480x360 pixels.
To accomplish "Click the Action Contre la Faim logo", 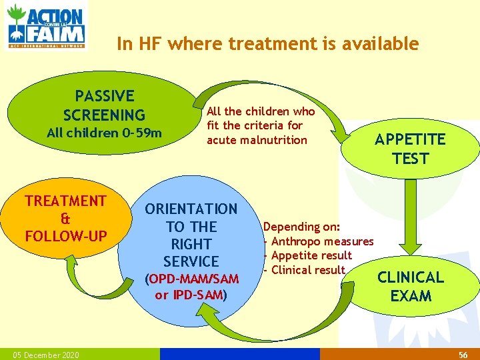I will pyautogui.click(x=46, y=25).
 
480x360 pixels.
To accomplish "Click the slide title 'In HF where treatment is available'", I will pyautogui.click(x=267, y=44).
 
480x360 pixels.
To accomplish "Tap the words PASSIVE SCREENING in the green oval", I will pyautogui.click(x=104, y=106).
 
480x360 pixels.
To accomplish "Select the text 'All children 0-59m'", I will pyautogui.click(x=104, y=133).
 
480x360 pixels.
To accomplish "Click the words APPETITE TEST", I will pyautogui.click(x=409, y=149).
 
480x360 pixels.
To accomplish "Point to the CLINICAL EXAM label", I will pyautogui.click(x=410, y=286).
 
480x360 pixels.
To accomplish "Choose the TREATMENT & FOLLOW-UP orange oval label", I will pyautogui.click(x=65, y=219).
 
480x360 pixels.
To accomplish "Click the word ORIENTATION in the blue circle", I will pyautogui.click(x=191, y=209).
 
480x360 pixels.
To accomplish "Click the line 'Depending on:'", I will pyautogui.click(x=301, y=227).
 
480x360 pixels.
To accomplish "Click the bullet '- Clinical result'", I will pyautogui.click(x=305, y=270).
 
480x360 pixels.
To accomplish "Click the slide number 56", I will pyautogui.click(x=463, y=355).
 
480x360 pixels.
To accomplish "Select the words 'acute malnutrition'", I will pyautogui.click(x=257, y=139).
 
